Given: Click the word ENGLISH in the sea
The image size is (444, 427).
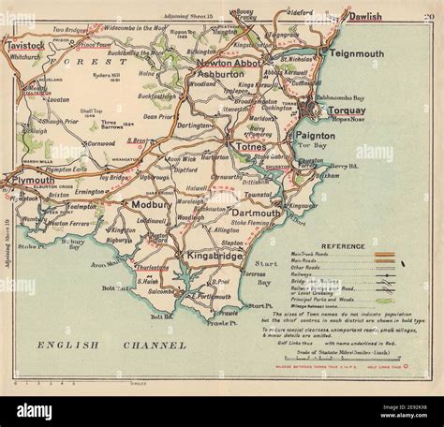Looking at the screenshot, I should click(64, 346).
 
